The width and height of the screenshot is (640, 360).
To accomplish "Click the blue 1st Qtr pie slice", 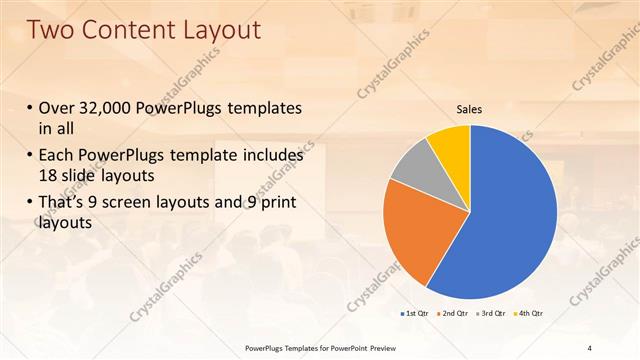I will coord(510,215).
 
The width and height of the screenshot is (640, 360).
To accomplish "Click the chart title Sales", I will coord(470,107).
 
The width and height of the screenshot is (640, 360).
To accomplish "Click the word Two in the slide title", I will coord(54,30).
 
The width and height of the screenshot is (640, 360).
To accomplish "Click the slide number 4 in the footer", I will coord(603,347).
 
